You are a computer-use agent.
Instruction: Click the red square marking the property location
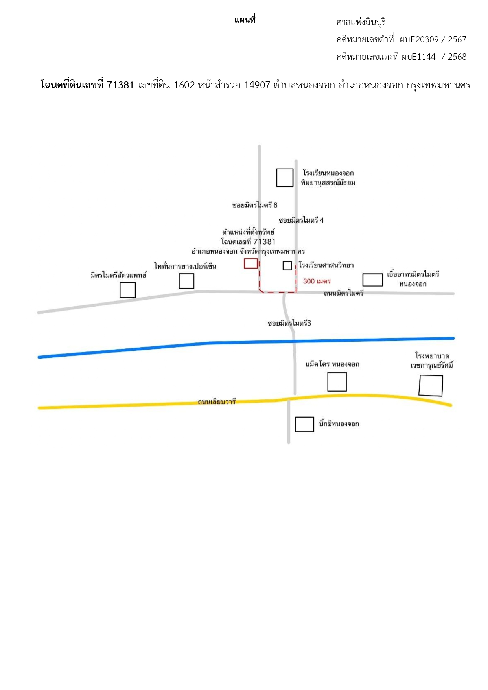coord(251,263)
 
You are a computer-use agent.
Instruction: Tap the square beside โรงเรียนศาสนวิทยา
coord(287,266)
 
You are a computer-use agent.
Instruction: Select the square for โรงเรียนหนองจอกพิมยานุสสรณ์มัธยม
coord(285,178)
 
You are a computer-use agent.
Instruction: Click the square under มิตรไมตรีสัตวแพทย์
coord(127,290)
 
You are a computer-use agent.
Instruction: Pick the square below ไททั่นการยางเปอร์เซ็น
coord(186,281)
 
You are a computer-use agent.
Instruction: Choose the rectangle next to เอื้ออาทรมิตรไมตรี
coord(372,280)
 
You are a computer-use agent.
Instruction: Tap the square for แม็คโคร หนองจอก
coord(337,381)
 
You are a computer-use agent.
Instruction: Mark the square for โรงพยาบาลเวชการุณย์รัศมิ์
coord(431,385)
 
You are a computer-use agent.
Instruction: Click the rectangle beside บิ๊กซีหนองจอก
coord(304,424)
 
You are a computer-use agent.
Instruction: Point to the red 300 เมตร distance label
coord(317,281)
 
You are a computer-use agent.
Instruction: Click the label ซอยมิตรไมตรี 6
coord(255,205)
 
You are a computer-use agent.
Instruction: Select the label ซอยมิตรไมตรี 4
coord(301,220)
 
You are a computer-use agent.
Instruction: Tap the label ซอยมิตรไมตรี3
coord(289,323)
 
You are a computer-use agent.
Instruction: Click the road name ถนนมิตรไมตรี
coord(344,293)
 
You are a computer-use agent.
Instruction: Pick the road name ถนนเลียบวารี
coord(217,401)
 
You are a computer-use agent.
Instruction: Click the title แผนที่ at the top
coord(245,20)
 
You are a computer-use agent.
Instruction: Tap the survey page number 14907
coord(257,85)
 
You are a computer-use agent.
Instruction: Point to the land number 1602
coord(184,85)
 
